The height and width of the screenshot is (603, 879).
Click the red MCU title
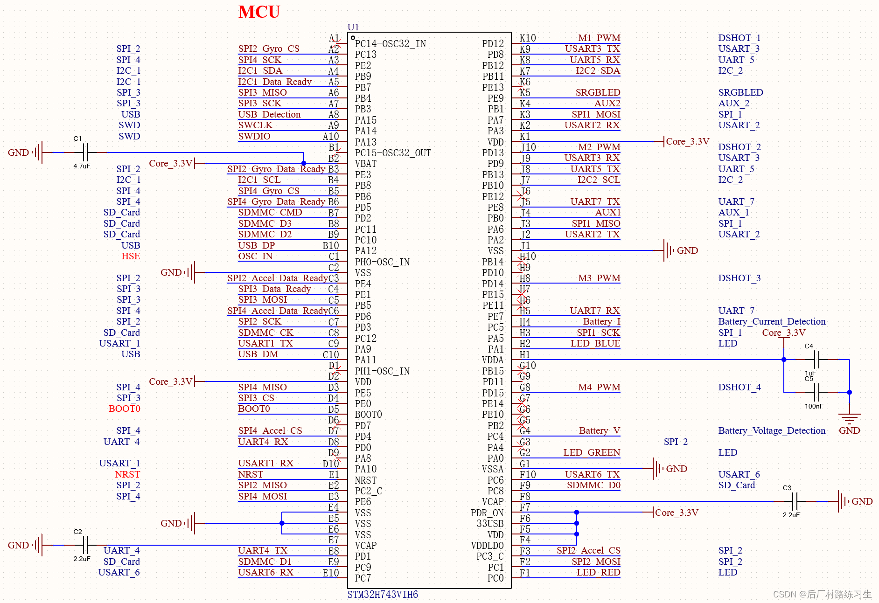point(259,12)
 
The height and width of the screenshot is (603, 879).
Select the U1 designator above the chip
point(353,27)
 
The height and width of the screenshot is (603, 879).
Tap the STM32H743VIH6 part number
point(383,595)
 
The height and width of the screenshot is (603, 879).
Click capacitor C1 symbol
point(85,152)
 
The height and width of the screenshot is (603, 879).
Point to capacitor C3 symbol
point(795,501)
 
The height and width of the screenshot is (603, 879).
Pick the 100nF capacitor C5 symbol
point(817,392)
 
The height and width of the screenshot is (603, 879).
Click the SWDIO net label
point(254,136)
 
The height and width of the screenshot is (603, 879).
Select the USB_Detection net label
point(269,114)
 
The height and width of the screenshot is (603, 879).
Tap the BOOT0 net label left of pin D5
point(254,409)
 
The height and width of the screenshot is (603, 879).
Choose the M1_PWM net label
point(599,38)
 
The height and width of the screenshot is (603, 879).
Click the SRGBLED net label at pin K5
point(598,92)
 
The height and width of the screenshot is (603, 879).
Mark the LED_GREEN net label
point(591,452)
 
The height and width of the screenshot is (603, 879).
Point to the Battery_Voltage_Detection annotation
point(772,430)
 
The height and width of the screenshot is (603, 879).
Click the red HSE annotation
point(131,256)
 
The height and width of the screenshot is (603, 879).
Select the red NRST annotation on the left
point(127,474)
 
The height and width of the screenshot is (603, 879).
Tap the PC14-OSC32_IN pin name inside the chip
point(390,44)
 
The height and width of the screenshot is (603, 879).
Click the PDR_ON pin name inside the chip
point(487,513)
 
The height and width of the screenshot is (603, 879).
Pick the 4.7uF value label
point(82,166)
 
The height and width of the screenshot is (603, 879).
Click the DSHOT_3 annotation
point(739,278)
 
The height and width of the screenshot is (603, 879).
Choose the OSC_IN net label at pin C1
point(255,256)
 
